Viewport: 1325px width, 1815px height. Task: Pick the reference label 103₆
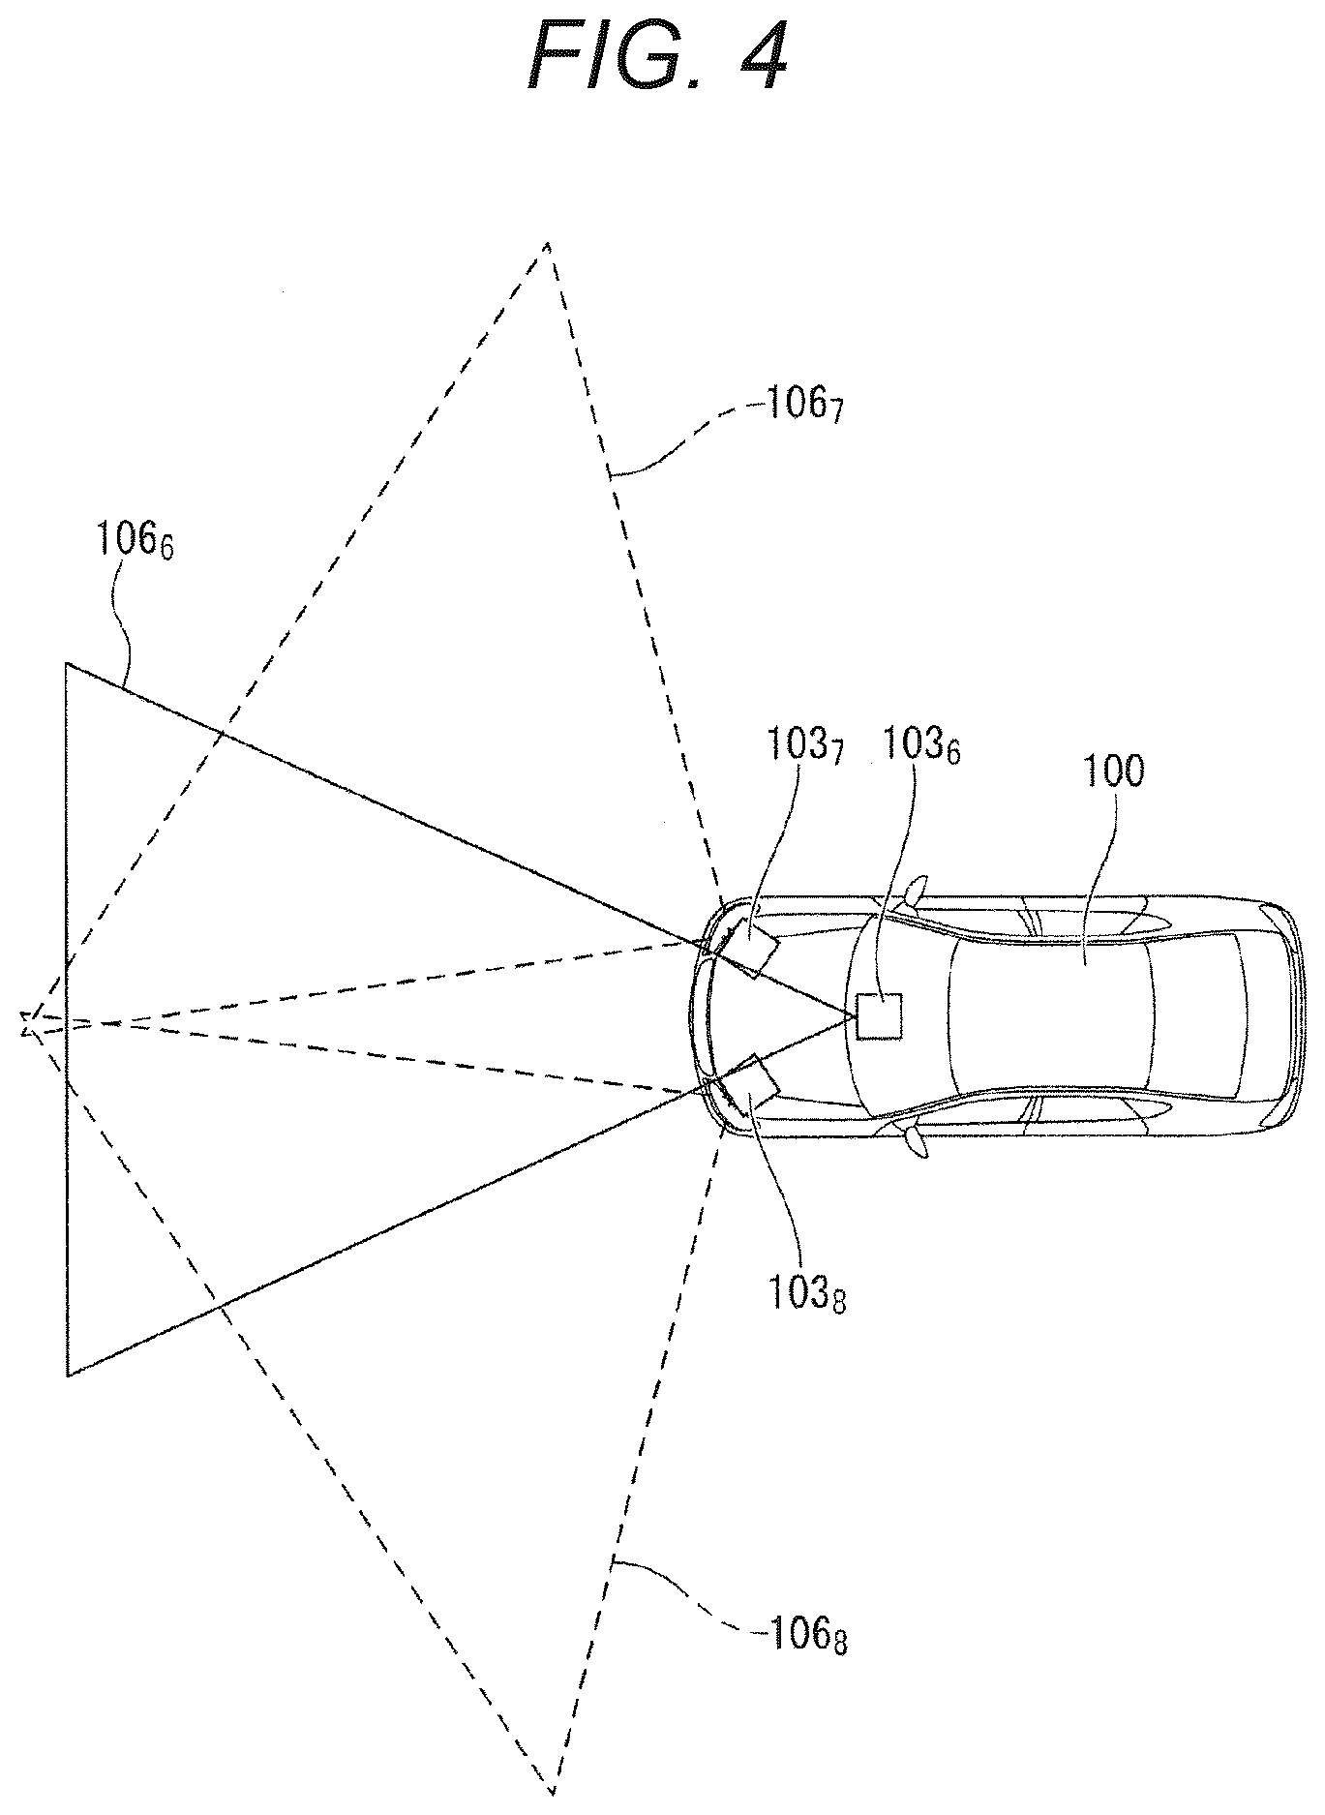[x=918, y=746]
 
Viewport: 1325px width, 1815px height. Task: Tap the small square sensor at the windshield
[x=880, y=1016]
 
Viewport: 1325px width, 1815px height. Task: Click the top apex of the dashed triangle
[x=548, y=243]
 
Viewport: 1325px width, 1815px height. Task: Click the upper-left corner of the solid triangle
[x=67, y=663]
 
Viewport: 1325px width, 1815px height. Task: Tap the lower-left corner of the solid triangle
[x=67, y=1375]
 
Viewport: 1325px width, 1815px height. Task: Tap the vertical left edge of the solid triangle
[x=67, y=1018]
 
